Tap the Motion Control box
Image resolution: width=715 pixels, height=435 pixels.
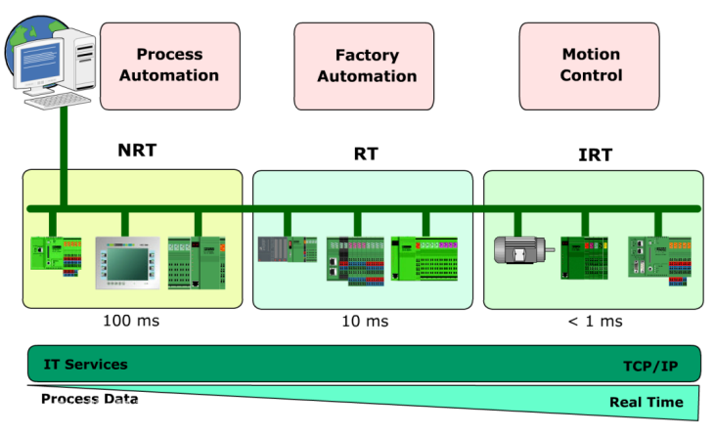click(x=591, y=65)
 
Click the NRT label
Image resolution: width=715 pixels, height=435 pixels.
click(x=137, y=151)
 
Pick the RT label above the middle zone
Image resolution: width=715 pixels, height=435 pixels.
click(x=366, y=153)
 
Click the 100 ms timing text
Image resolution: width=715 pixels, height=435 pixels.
click(x=131, y=320)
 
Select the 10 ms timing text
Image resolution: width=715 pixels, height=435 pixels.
click(x=364, y=320)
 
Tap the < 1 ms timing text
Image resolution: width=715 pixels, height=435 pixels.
click(x=593, y=320)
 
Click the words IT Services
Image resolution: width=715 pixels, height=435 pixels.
click(x=85, y=365)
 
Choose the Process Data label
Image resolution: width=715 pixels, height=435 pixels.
click(x=89, y=399)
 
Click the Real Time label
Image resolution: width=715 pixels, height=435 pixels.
click(x=646, y=402)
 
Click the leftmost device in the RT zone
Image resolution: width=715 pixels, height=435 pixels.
click(x=287, y=250)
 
